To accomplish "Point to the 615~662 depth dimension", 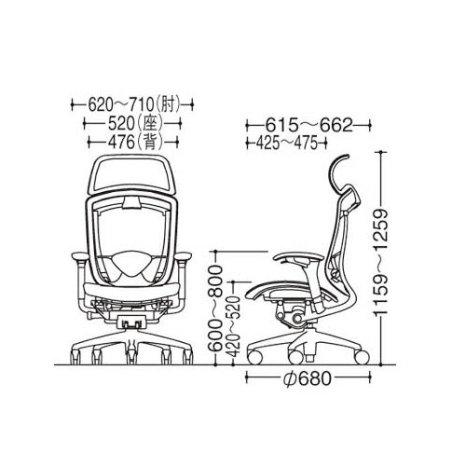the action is [x=309, y=126].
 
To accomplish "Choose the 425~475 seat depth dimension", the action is [x=287, y=144].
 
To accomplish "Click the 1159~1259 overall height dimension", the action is [x=381, y=263].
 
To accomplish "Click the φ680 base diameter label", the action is [x=308, y=378].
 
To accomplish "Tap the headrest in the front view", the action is [x=131, y=174].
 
